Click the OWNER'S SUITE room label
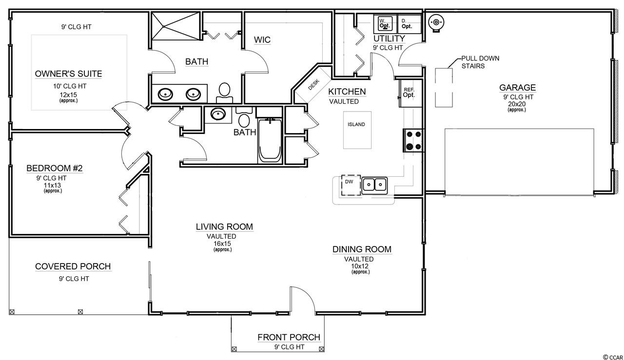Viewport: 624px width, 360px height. (68, 74)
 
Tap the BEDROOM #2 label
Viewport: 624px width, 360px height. (55, 168)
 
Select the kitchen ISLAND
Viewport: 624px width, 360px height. (357, 130)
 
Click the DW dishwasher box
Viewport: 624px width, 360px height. (351, 185)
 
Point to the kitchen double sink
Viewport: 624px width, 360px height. (375, 186)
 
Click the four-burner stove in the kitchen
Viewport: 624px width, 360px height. (414, 140)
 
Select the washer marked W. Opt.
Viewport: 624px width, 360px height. (385, 24)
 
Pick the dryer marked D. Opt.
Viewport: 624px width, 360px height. (409, 24)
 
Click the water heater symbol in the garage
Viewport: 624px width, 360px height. (436, 22)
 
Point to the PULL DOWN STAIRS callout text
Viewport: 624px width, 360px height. (480, 62)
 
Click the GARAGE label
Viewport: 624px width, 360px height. (517, 88)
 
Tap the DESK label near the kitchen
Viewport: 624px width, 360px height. (313, 85)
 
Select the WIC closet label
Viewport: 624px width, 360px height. (262, 40)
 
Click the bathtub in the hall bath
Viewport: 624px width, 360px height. (270, 141)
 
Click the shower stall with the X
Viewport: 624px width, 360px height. (176, 26)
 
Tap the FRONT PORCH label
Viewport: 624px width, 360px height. (289, 337)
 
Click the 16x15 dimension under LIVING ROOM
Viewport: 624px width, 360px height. (222, 244)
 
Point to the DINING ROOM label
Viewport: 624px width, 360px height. (362, 249)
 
